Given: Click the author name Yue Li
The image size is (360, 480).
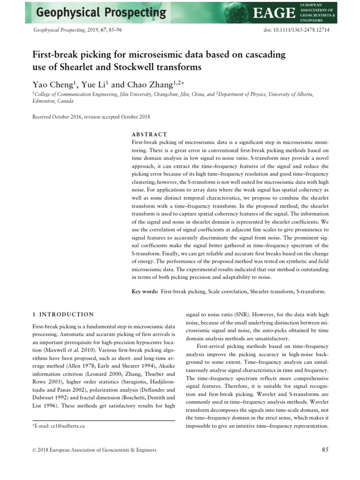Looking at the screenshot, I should coord(95,85).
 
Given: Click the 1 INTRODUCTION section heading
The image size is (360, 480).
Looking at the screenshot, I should coord(63,314).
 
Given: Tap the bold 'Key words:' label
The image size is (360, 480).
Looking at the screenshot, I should coord(145,292).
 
